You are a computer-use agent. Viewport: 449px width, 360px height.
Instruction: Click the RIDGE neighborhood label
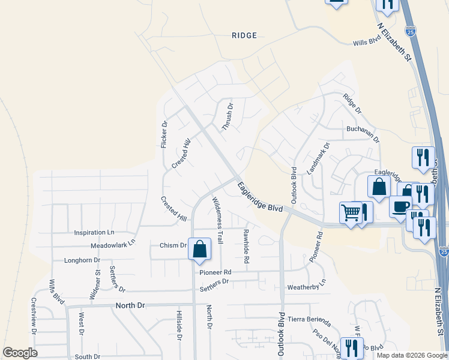244,35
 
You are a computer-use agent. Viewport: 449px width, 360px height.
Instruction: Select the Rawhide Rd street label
246,246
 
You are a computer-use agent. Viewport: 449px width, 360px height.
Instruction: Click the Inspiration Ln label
94,232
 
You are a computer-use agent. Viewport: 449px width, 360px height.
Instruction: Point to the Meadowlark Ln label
113,245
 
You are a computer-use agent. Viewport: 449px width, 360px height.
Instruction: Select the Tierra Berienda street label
310,319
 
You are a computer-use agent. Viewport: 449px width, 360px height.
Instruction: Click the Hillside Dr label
179,326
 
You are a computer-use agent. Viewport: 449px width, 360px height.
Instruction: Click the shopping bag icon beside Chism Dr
199,249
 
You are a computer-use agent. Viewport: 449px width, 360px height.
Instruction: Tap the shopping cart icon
350,212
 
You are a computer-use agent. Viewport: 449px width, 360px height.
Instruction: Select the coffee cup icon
400,206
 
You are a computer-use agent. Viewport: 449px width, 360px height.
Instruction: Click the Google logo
20,353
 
